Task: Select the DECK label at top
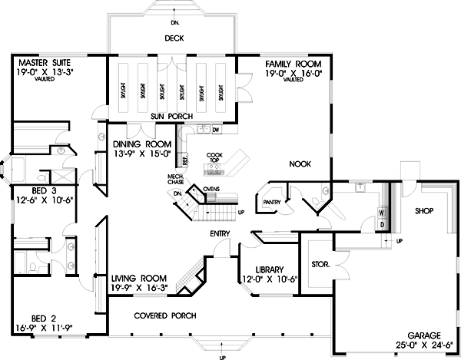[173, 37]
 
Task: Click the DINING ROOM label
[141, 144]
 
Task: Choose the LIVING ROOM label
[139, 279]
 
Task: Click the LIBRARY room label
[259, 269]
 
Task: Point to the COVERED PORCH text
[164, 315]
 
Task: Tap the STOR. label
[321, 264]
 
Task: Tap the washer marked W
[381, 211]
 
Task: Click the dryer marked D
[381, 224]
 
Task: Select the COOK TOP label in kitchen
[214, 158]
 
